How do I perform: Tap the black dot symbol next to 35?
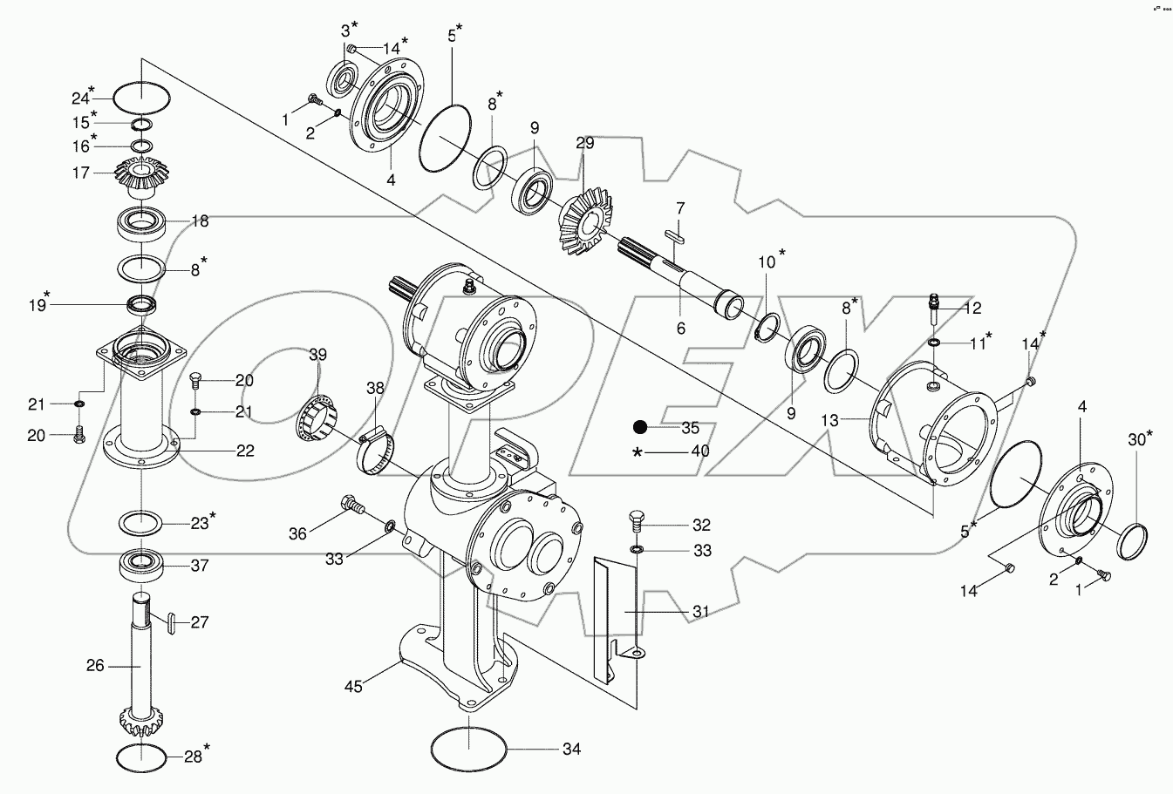tap(639, 427)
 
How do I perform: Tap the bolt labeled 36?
tap(351, 504)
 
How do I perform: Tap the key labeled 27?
tap(171, 621)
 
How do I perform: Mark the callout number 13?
tap(829, 420)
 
